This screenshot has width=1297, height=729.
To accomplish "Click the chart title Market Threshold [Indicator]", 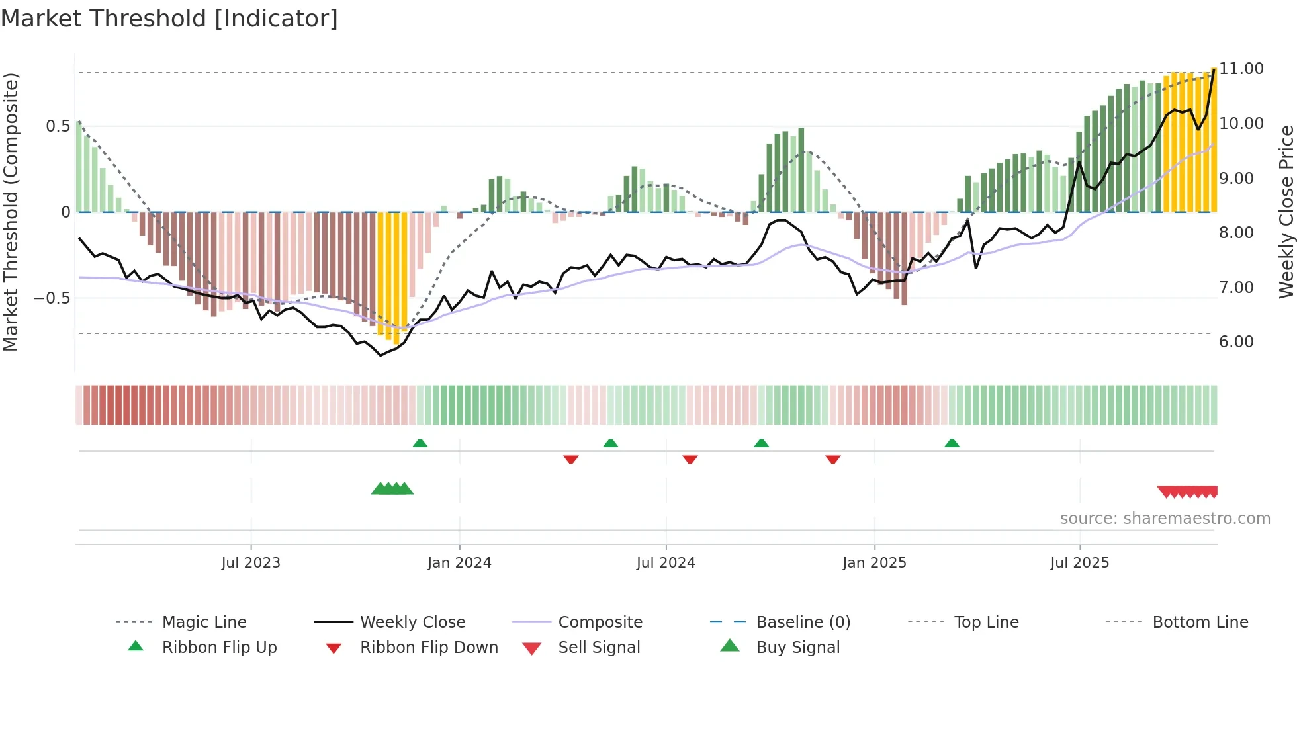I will click(169, 19).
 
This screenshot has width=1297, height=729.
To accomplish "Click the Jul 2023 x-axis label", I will click(251, 563).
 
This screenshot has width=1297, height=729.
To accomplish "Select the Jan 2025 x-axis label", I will click(874, 563).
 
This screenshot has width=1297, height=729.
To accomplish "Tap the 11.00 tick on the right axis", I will click(1241, 69).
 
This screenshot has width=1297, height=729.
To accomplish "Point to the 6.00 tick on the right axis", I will click(1236, 342).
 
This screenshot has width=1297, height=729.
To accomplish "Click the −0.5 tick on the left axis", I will click(52, 298).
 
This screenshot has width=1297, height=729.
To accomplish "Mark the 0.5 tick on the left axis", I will click(58, 126).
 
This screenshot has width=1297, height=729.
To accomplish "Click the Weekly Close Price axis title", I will click(1286, 212).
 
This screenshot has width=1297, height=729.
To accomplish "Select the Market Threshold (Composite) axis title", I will click(11, 212).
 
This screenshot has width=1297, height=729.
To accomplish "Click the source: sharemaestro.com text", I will click(1165, 519).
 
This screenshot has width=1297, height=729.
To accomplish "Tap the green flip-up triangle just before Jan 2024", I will click(420, 443).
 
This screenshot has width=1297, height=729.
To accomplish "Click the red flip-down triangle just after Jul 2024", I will click(690, 459).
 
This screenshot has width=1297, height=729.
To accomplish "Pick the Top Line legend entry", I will click(986, 622).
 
